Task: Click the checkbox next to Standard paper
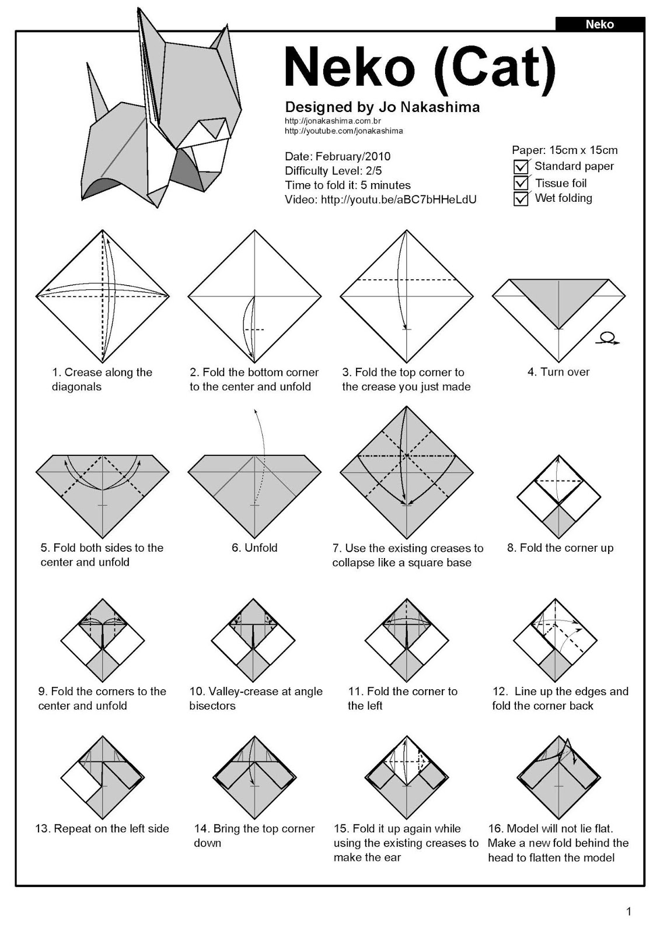tap(521, 167)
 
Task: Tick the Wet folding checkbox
tap(521, 199)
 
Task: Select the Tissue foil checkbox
tap(521, 183)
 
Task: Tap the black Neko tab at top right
tap(599, 24)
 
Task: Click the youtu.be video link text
tap(398, 200)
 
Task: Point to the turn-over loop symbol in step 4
tap(607, 338)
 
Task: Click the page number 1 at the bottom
tap(628, 911)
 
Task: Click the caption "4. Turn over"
tap(558, 372)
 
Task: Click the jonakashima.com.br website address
tap(333, 121)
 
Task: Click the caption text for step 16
tap(558, 843)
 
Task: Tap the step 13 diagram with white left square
tap(103, 778)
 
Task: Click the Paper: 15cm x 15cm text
tap(564, 150)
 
